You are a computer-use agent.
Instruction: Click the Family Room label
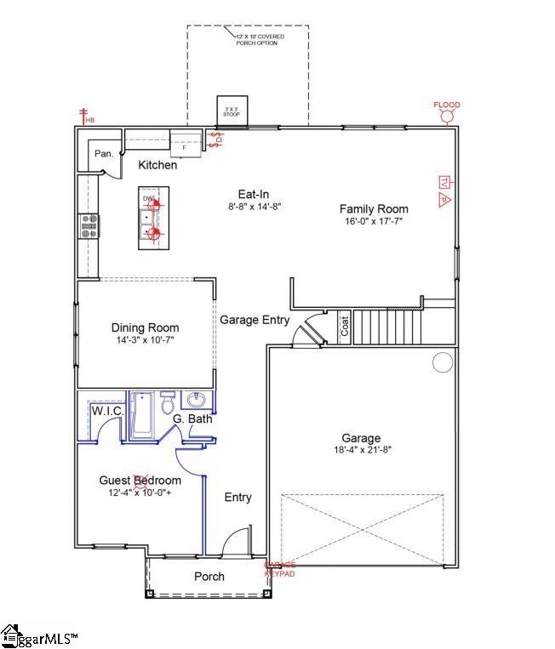374,208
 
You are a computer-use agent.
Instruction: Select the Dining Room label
145,327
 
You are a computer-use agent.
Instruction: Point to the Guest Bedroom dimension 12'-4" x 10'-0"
140,492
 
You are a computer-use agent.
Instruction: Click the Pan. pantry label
104,154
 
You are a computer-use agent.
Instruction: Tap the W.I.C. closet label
108,412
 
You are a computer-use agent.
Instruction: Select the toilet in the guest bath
167,401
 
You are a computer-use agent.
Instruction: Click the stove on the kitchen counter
89,225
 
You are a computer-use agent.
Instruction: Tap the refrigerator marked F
184,145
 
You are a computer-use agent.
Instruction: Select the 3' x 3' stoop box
232,111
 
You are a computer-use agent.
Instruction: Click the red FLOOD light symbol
447,113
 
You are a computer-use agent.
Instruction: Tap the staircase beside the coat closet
387,327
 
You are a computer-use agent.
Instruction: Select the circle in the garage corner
443,363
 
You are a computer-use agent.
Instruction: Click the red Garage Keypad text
280,567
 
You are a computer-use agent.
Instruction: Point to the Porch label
209,576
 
